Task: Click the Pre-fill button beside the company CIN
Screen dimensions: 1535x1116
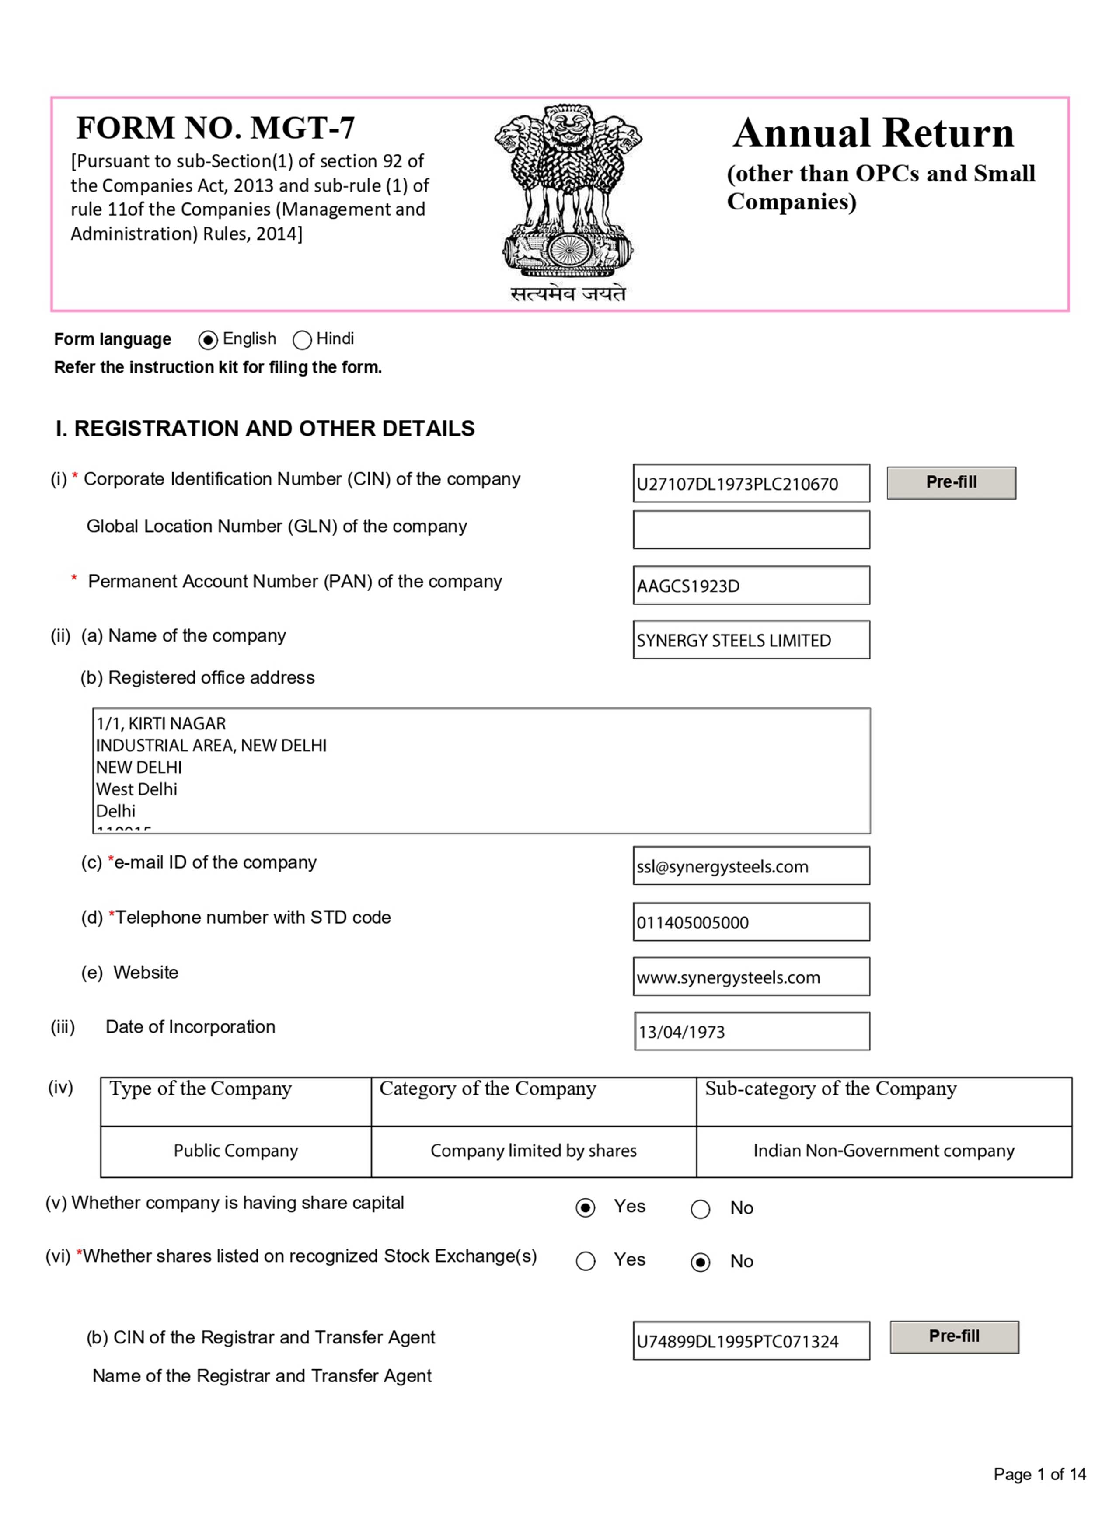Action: pos(950,482)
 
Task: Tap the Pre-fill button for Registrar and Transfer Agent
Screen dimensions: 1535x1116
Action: pos(954,1337)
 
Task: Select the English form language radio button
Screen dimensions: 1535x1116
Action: pos(208,340)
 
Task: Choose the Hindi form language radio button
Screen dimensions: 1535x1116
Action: pos(302,340)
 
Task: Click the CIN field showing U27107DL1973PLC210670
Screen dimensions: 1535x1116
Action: pos(750,483)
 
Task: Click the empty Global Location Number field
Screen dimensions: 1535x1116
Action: pos(750,530)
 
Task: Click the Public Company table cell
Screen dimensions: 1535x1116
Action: pos(236,1151)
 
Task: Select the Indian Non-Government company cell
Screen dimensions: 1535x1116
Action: pos(883,1151)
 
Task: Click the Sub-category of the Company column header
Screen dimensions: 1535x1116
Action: pos(830,1088)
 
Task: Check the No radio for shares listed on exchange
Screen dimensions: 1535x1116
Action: pos(700,1262)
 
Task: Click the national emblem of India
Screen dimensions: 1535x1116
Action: pos(567,193)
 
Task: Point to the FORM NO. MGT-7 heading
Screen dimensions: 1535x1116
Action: pos(215,128)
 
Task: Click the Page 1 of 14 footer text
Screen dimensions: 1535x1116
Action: pos(1039,1474)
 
